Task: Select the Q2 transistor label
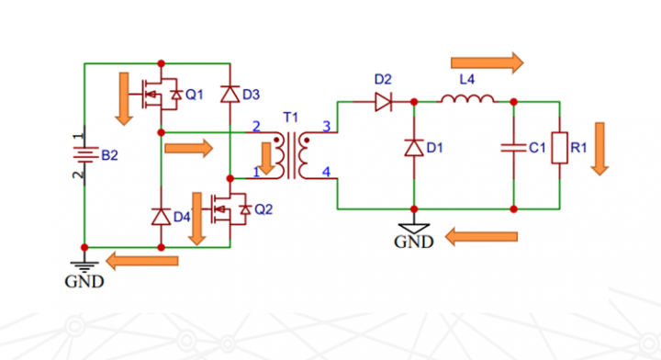pyautogui.click(x=263, y=209)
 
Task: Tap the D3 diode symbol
pyautogui.click(x=229, y=94)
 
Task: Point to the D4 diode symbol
pyautogui.click(x=161, y=216)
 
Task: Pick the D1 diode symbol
pyautogui.click(x=414, y=147)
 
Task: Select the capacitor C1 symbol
pyautogui.click(x=513, y=147)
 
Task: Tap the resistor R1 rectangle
pyautogui.click(x=559, y=147)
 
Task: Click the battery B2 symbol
pyautogui.click(x=84, y=155)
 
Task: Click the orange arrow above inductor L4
pyautogui.click(x=487, y=62)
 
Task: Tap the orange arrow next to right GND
pyautogui.click(x=482, y=238)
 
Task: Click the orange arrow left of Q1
pyautogui.click(x=121, y=98)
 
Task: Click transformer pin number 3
pyautogui.click(x=325, y=126)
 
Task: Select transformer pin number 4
pyautogui.click(x=325, y=172)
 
